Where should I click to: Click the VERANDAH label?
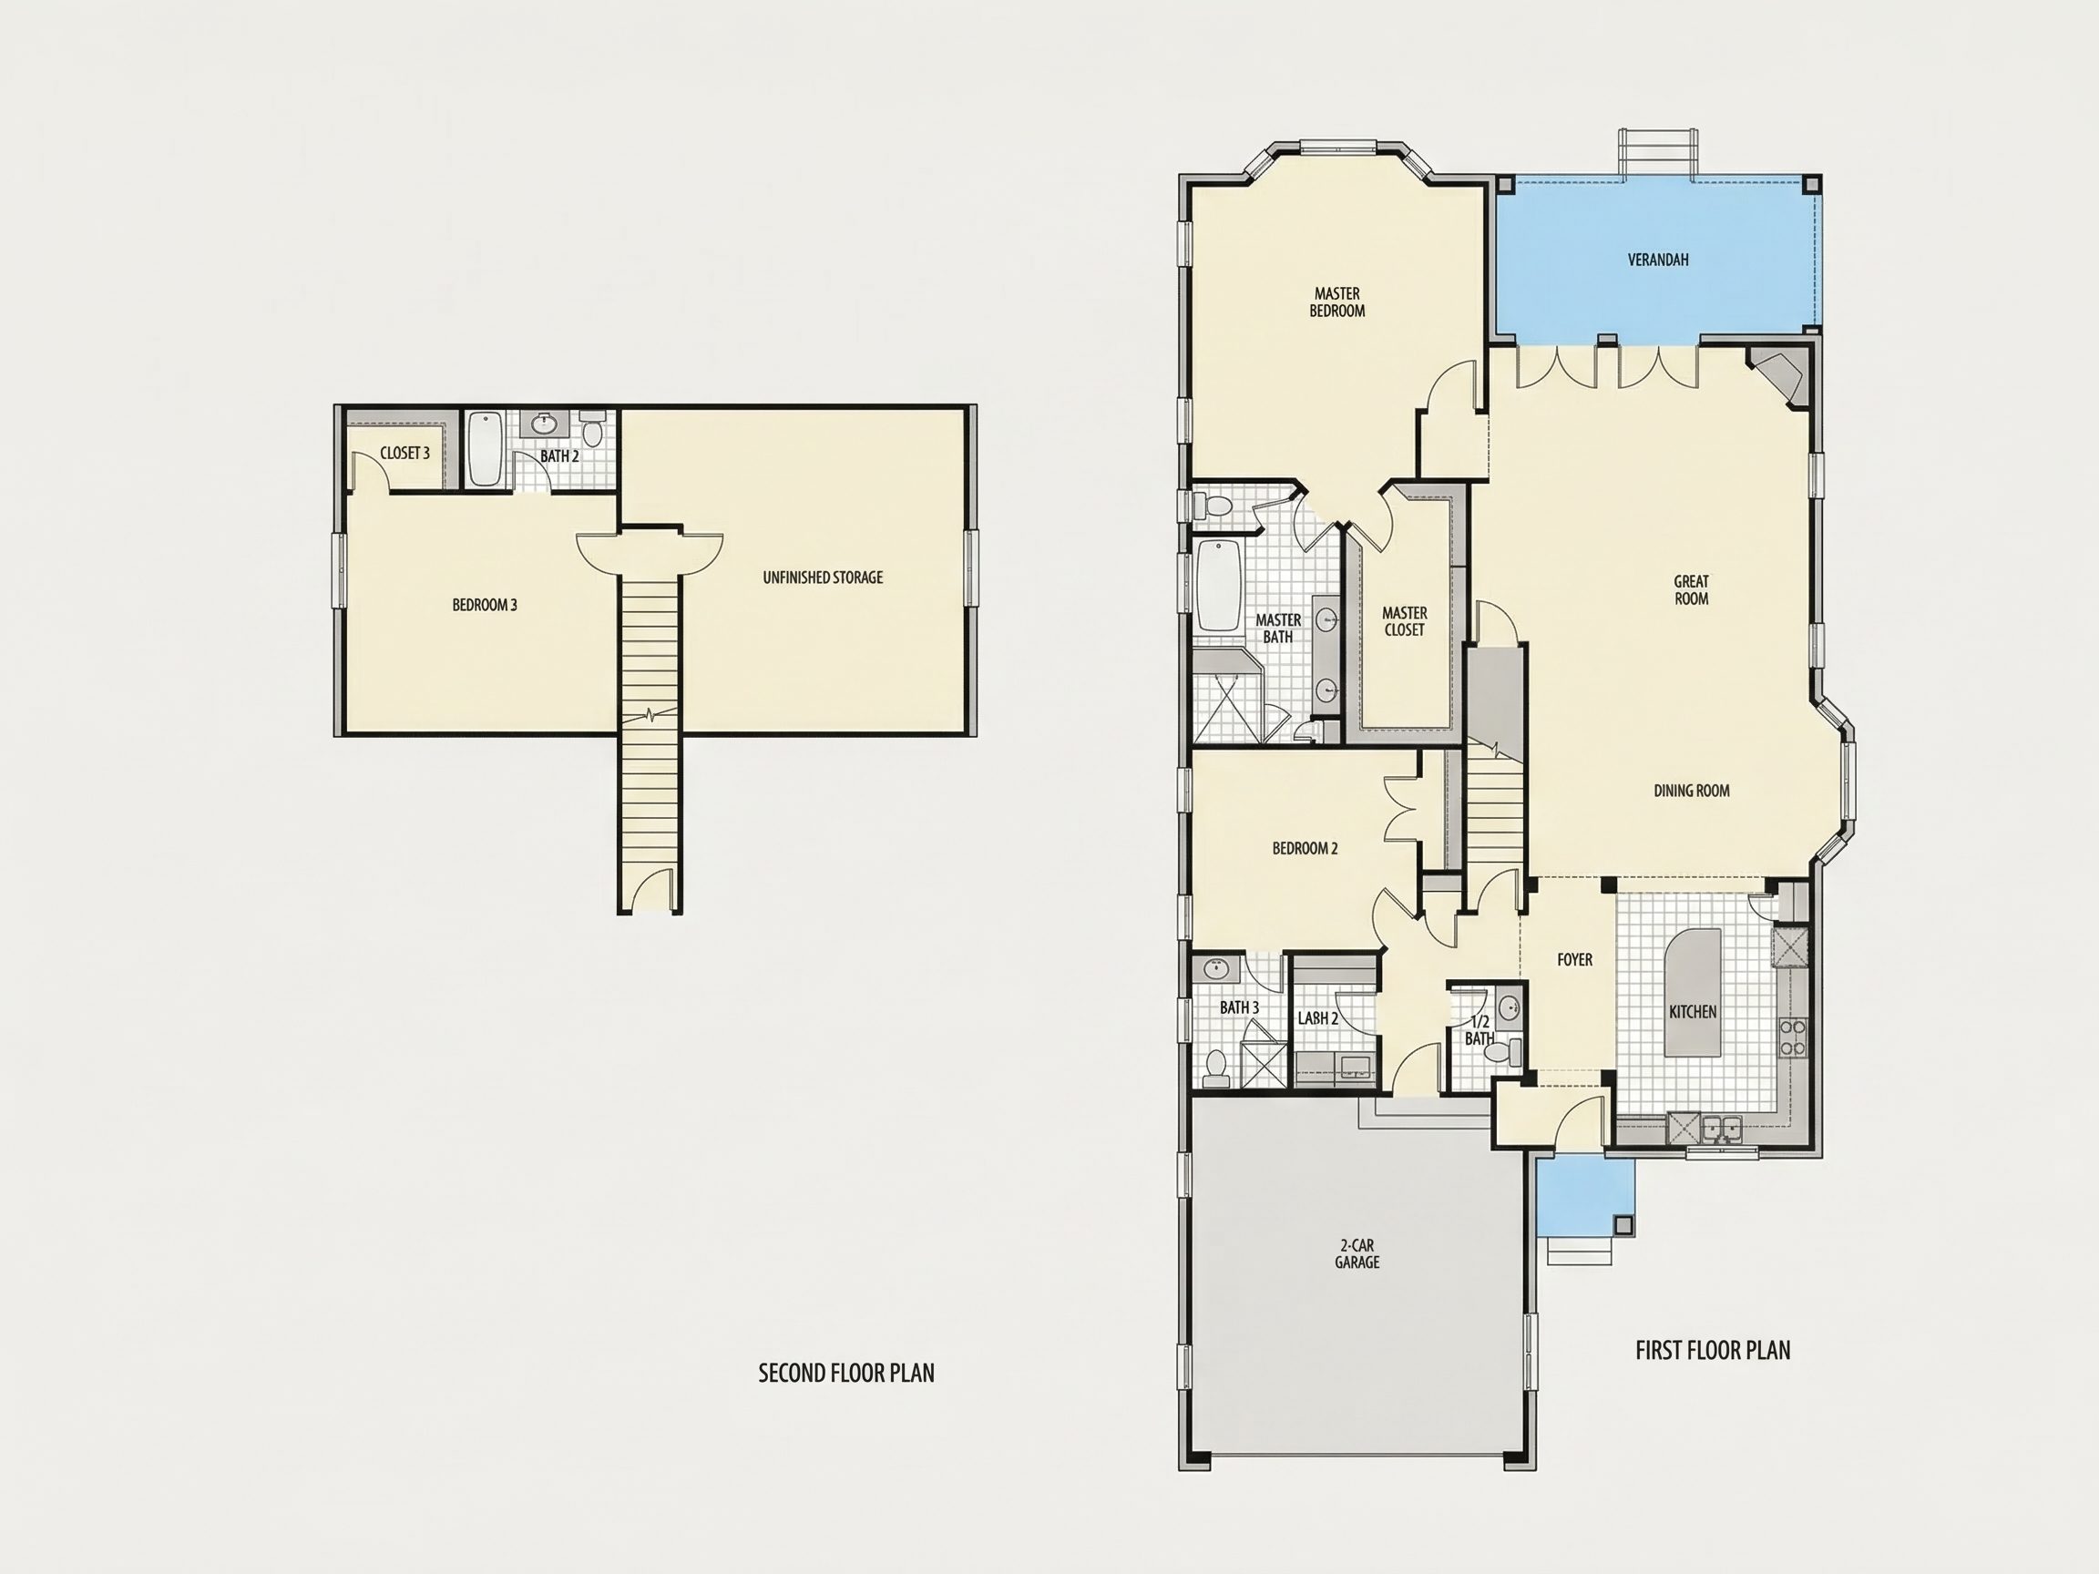click(1658, 260)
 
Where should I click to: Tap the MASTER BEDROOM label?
click(1337, 302)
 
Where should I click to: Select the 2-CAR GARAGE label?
click(1357, 1254)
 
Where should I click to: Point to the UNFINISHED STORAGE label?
click(823, 577)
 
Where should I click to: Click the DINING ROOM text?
click(1691, 791)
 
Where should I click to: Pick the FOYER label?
click(1574, 959)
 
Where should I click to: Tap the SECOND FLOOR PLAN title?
click(846, 1373)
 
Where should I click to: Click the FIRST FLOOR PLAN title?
click(1713, 1350)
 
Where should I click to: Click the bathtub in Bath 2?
click(484, 449)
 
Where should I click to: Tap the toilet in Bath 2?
click(592, 429)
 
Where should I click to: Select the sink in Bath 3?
click(1215, 968)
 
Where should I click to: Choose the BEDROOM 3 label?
click(485, 604)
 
